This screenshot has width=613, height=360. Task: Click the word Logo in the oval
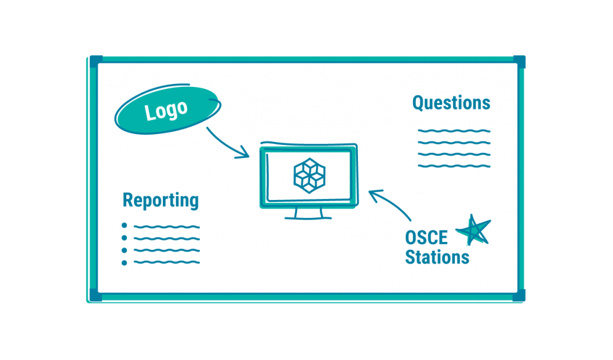166,111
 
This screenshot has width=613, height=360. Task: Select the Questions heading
451,103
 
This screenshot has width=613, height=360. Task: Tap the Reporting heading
160,201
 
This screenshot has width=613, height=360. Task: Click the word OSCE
426,238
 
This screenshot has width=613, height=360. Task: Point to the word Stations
437,258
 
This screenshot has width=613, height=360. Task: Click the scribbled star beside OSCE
474,231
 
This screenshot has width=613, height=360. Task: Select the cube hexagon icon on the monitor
309,176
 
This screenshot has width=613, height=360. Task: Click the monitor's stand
308,214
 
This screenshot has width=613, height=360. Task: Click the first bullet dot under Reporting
125,225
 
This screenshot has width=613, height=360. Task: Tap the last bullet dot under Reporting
125,263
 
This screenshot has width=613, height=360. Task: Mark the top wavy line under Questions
454,131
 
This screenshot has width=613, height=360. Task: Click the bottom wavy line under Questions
454,167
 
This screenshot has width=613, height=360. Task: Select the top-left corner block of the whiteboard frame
96,62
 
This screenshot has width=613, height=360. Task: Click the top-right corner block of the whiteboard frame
520,62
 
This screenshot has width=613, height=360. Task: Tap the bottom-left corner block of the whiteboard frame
96,295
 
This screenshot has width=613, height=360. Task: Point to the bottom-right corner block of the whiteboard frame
519,295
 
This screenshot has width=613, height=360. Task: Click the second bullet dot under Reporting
125,238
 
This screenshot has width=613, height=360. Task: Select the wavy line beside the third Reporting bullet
167,250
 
